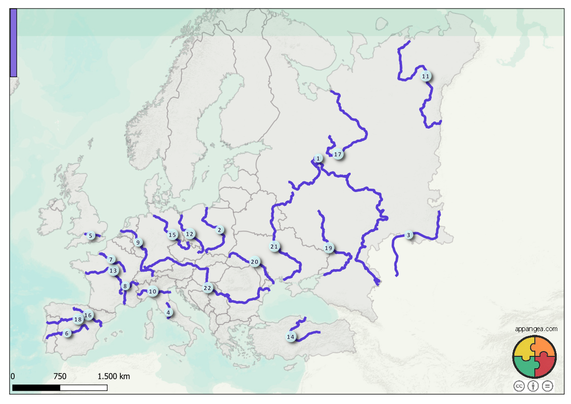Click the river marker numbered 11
[426, 76]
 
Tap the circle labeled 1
[318, 158]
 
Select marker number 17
[338, 154]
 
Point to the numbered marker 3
[408, 235]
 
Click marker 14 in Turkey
[291, 337]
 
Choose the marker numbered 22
[207, 288]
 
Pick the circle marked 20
[255, 262]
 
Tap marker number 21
[274, 247]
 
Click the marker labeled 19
[328, 248]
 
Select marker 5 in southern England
[90, 235]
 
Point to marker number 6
[67, 333]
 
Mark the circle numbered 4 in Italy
[168, 313]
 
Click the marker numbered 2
[219, 230]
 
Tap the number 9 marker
[138, 242]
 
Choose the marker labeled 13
[113, 271]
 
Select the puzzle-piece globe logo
[534, 357]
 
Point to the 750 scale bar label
[60, 377]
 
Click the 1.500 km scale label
[114, 377]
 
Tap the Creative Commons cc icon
[519, 386]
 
